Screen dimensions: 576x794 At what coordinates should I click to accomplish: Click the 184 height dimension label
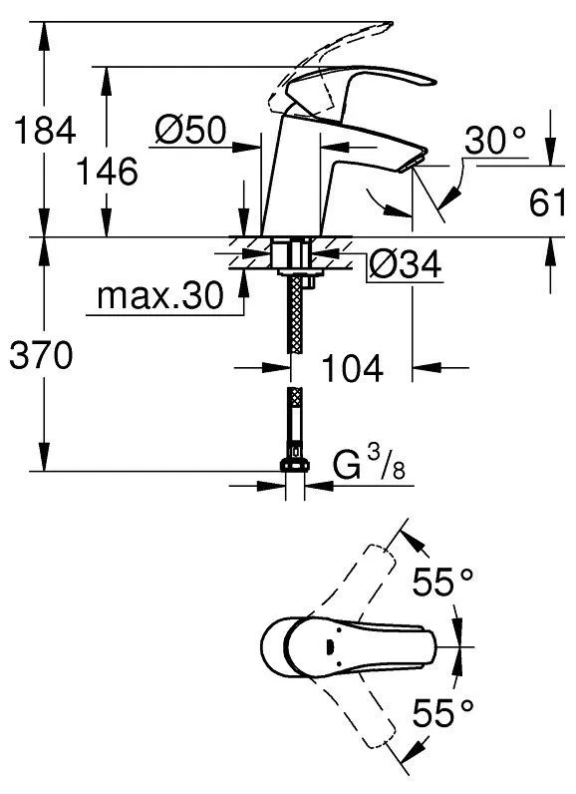pyautogui.click(x=45, y=130)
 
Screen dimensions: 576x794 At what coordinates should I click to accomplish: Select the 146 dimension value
pyautogui.click(x=107, y=172)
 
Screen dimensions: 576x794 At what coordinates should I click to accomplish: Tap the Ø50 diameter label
pyautogui.click(x=190, y=130)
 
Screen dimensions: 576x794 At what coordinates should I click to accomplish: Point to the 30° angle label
pyautogui.click(x=494, y=141)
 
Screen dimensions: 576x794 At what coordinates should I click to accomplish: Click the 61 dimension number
pyautogui.click(x=547, y=202)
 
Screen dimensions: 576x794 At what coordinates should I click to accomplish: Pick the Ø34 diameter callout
pyautogui.click(x=405, y=264)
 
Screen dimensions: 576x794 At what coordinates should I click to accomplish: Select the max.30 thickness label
pyautogui.click(x=159, y=295)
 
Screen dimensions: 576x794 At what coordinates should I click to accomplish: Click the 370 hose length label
pyautogui.click(x=41, y=355)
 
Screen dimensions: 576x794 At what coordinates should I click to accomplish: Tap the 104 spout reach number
pyautogui.click(x=352, y=368)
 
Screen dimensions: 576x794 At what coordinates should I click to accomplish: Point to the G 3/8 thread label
pyautogui.click(x=369, y=465)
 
